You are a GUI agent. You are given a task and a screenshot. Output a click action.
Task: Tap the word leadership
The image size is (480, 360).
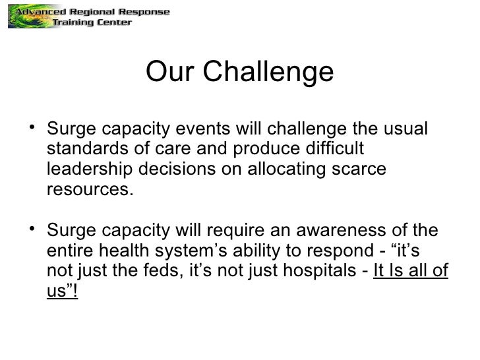pos(90,169)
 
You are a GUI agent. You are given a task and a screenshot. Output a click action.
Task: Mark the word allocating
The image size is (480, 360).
pos(287,169)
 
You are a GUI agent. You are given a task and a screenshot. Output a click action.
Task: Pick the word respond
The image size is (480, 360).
pos(351,252)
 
